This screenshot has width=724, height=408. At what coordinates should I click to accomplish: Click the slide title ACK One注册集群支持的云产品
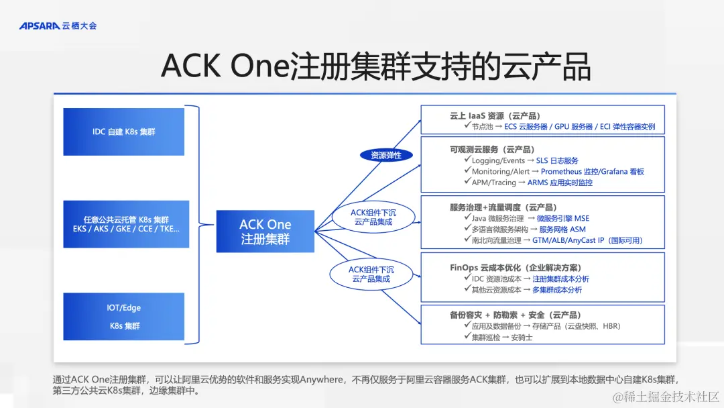(x=375, y=66)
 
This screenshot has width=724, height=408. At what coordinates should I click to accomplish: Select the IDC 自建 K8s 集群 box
(x=123, y=132)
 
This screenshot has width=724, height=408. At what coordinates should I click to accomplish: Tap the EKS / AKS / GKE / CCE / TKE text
(x=126, y=229)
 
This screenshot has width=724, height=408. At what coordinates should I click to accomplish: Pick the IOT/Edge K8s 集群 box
(x=123, y=317)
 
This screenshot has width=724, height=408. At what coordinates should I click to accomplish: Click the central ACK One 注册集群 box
(x=265, y=231)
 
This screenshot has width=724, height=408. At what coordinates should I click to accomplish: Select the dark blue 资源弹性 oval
(x=386, y=155)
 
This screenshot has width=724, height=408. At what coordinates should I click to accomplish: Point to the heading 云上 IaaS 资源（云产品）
(x=495, y=115)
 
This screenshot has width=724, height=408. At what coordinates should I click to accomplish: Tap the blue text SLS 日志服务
(x=557, y=161)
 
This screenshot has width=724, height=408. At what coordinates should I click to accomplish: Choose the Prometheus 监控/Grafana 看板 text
(x=592, y=172)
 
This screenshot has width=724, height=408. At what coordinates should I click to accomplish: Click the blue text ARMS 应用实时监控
(x=560, y=183)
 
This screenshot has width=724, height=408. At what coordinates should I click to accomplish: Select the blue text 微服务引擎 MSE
(x=562, y=218)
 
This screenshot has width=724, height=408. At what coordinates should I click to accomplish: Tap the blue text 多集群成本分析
(x=556, y=290)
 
